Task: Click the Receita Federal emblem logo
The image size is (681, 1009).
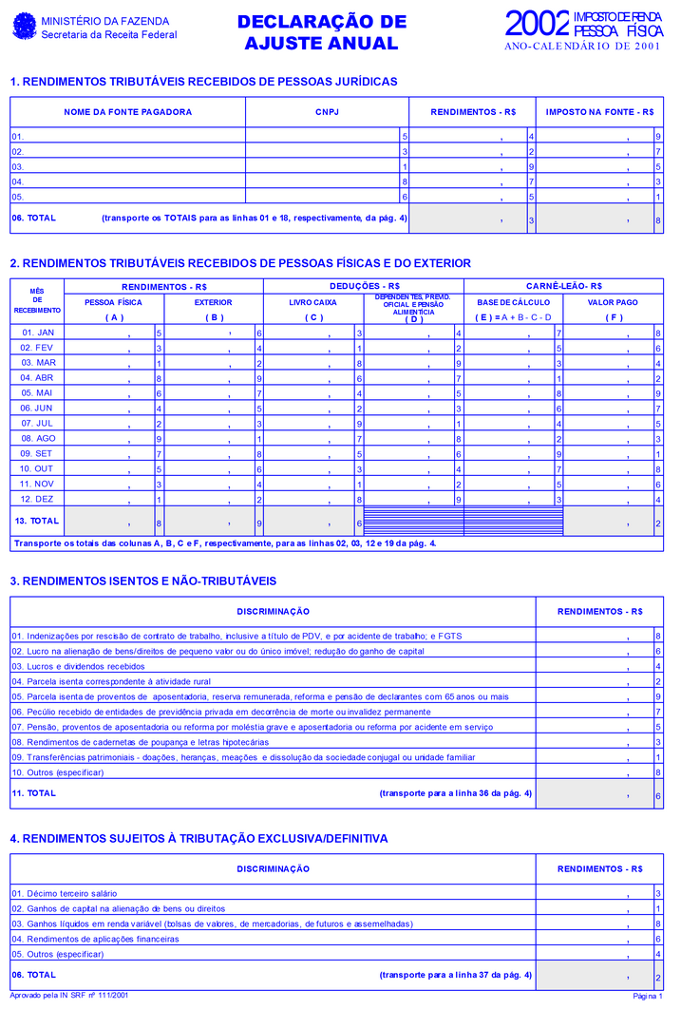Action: [24, 27]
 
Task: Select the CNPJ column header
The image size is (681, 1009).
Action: [327, 112]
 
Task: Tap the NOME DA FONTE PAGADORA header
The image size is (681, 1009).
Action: [127, 112]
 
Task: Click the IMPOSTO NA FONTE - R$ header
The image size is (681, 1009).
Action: [599, 112]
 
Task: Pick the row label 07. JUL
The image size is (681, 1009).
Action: [38, 423]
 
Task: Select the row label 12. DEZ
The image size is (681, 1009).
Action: [38, 499]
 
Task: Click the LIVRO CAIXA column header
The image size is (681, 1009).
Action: [312, 302]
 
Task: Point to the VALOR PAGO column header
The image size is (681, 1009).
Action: [613, 302]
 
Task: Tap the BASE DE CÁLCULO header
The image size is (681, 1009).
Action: [513, 302]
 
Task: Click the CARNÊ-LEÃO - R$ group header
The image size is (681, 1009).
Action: [563, 286]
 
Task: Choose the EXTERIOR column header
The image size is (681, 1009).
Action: [213, 302]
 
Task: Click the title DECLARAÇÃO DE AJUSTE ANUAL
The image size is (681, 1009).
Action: [321, 32]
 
